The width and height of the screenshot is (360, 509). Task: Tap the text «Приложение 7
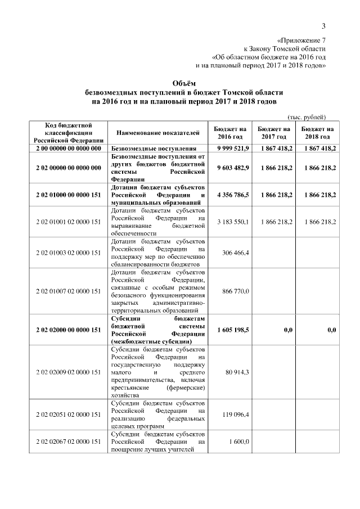pyautogui.click(x=302, y=40)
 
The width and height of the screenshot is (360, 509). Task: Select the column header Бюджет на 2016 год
pyautogui.click(x=231, y=133)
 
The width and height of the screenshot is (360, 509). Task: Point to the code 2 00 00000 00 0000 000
pyautogui.click(x=67, y=148)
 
